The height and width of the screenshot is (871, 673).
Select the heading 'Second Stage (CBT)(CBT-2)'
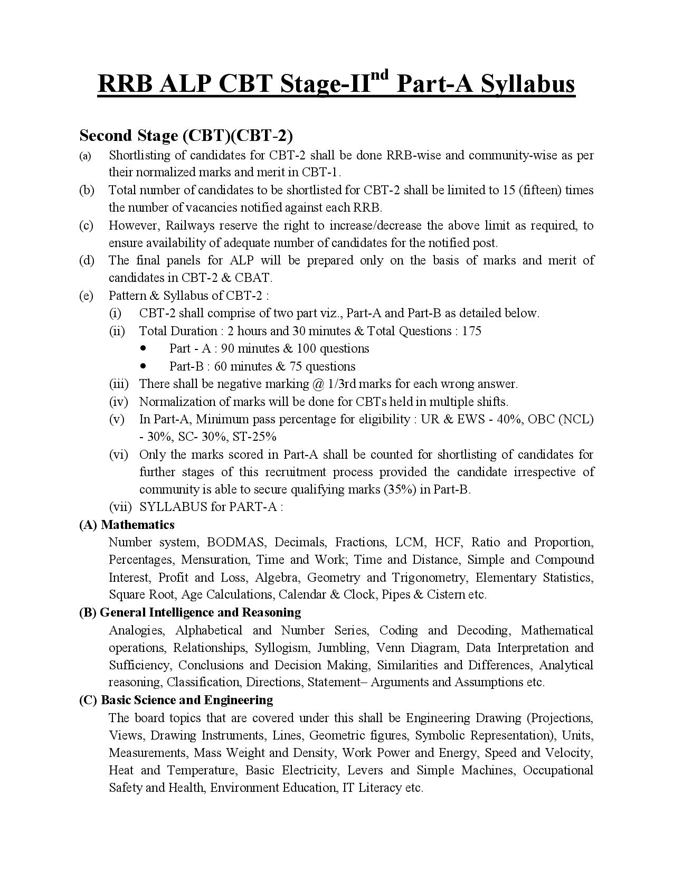(186, 136)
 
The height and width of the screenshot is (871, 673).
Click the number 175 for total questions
(471, 331)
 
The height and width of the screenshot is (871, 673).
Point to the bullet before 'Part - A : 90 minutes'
(144, 348)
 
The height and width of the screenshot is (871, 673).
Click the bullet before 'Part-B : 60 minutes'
(144, 366)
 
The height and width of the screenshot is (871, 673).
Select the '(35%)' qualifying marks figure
(400, 489)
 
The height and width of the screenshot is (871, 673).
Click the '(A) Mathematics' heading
(127, 524)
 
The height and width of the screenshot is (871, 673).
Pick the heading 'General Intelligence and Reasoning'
(200, 612)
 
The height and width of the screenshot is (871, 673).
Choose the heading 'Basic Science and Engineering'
(187, 700)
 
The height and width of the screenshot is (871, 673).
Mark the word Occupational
(558, 770)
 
